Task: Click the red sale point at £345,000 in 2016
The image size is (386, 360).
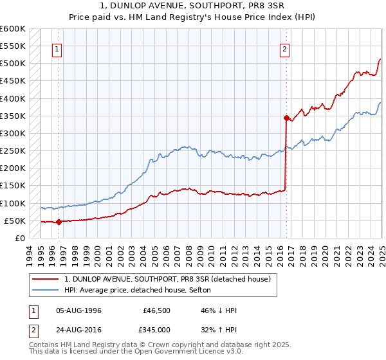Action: point(286,118)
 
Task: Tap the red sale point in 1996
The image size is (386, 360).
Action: point(59,222)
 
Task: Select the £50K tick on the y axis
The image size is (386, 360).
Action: point(15,221)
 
